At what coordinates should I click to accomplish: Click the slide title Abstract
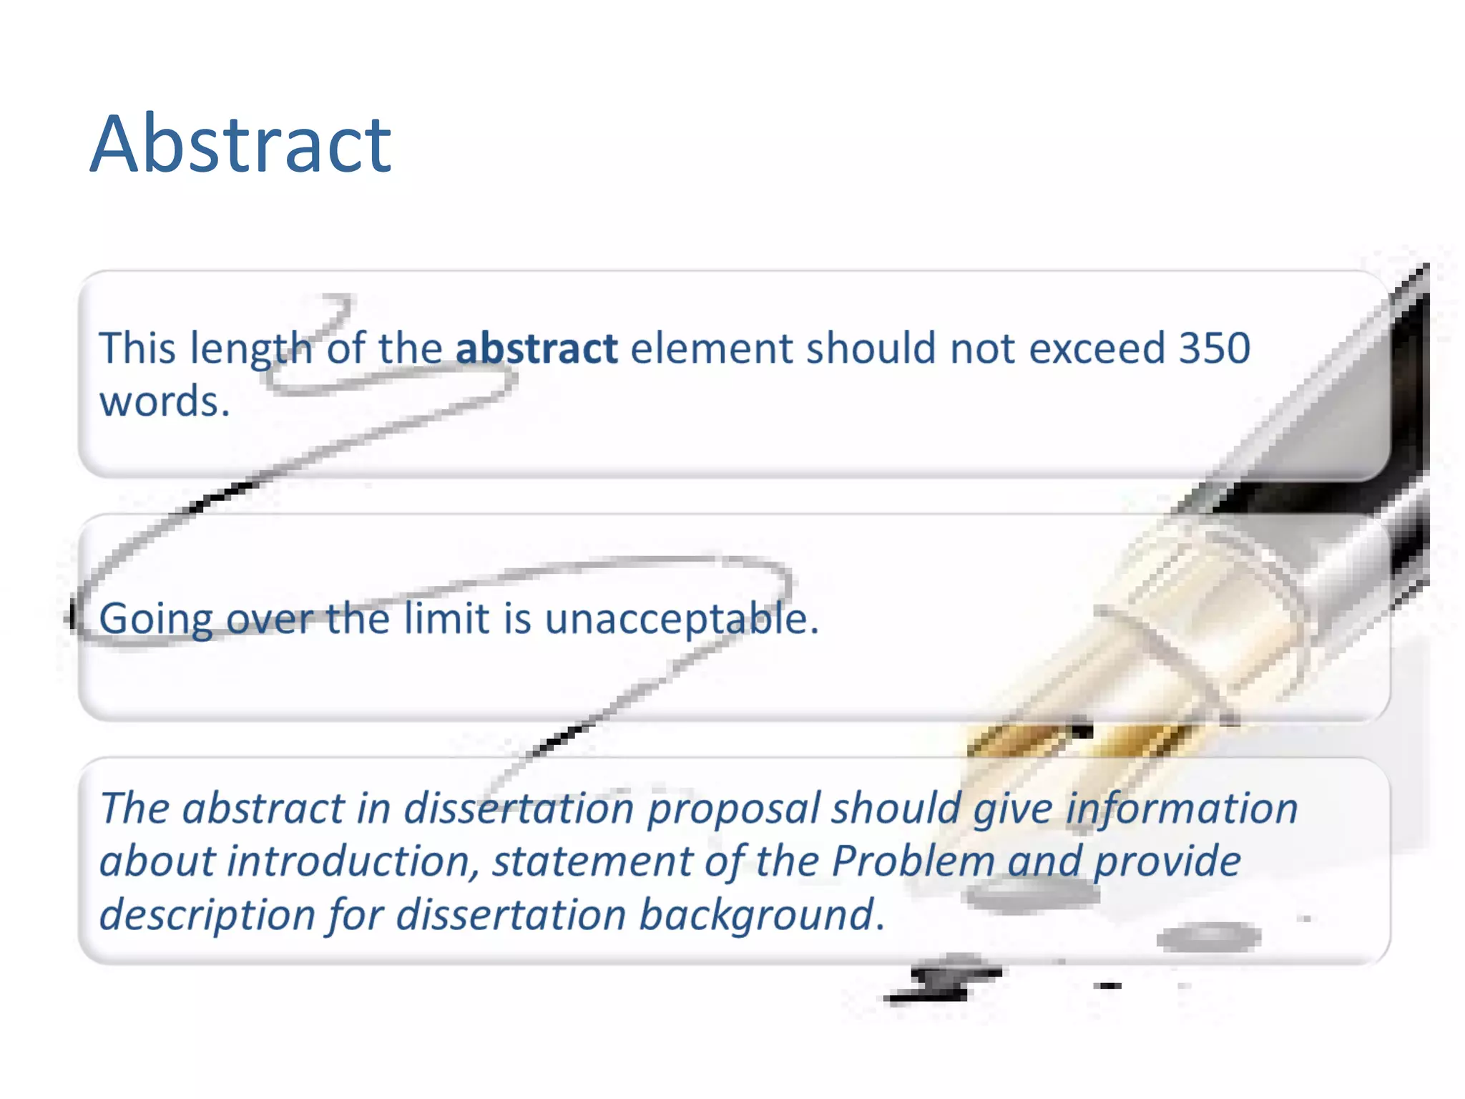tap(240, 145)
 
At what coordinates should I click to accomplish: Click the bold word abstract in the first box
tap(536, 348)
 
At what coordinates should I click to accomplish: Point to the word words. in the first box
tap(165, 401)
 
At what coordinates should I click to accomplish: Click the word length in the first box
tap(251, 350)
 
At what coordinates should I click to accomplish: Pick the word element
tap(712, 348)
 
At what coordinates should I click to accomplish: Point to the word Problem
tap(913, 861)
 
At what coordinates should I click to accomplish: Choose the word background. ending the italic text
tap(762, 915)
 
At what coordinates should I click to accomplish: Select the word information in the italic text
tap(1181, 809)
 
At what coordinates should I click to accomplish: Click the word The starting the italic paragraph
tap(134, 809)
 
